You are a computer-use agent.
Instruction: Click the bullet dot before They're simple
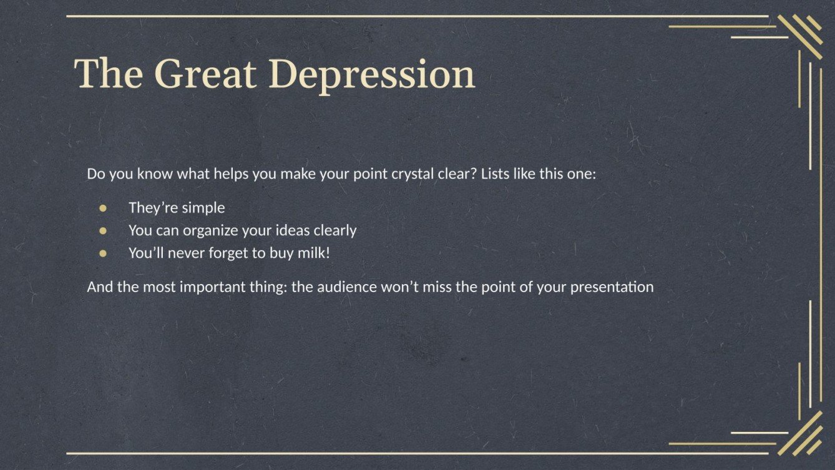pyautogui.click(x=104, y=207)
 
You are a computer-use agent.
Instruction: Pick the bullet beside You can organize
pyautogui.click(x=104, y=230)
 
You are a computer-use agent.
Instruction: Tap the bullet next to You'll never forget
pyautogui.click(x=104, y=253)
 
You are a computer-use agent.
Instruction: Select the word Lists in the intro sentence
pyautogui.click(x=496, y=174)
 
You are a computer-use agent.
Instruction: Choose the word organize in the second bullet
pyautogui.click(x=207, y=231)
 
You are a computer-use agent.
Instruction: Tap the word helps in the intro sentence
pyautogui.click(x=232, y=174)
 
